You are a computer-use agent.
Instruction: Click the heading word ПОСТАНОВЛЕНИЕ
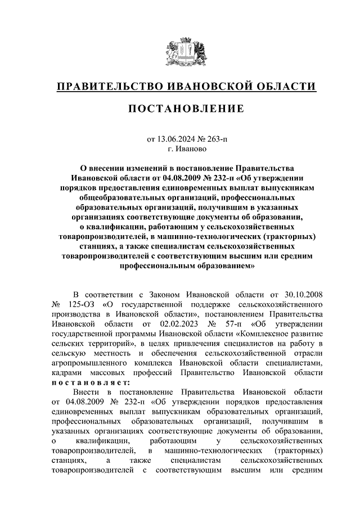pos(180,107)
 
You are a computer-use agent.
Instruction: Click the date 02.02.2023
pos(181,324)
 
